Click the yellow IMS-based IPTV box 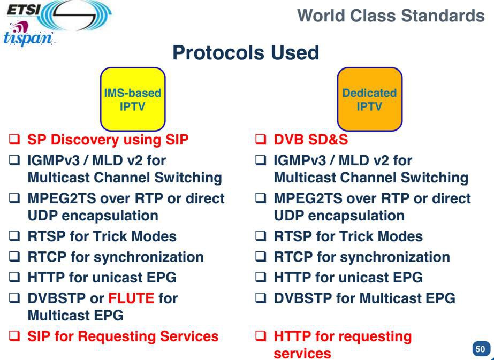pos(133,99)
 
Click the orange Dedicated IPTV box pos(369,99)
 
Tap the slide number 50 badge pos(480,349)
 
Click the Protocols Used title pos(246,52)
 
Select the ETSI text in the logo pos(22,10)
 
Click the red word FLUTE pos(131,298)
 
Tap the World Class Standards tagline pos(391,16)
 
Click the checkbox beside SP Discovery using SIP pos(14,139)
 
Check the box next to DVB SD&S pos(261,139)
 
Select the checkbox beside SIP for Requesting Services pos(14,336)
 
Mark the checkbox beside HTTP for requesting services pos(261,336)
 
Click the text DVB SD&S pos(310,140)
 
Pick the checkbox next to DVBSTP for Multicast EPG pos(261,298)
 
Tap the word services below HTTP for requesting pos(302,353)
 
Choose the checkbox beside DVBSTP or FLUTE pos(14,298)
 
